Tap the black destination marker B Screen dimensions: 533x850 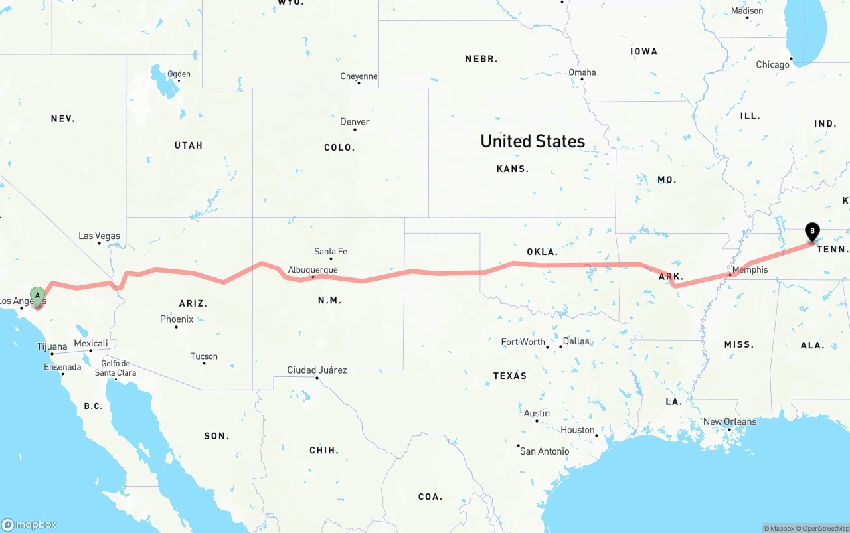811,232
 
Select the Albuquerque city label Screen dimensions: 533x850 313,270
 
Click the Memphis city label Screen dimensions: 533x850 750,269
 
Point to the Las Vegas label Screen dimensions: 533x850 100,236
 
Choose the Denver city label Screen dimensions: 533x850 355,122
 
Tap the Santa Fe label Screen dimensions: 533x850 331,252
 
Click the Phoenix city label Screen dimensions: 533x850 177,319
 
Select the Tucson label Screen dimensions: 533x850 204,356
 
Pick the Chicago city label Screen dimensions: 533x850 772,65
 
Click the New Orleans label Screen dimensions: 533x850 730,422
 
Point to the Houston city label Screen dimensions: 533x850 577,430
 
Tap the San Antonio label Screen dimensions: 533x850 545,451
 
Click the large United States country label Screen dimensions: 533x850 533,141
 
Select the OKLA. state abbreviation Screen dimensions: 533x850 542,252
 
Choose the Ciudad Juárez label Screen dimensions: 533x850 317,370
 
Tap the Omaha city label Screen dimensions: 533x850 582,72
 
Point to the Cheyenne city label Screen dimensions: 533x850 359,76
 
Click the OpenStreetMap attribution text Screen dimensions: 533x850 824,528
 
